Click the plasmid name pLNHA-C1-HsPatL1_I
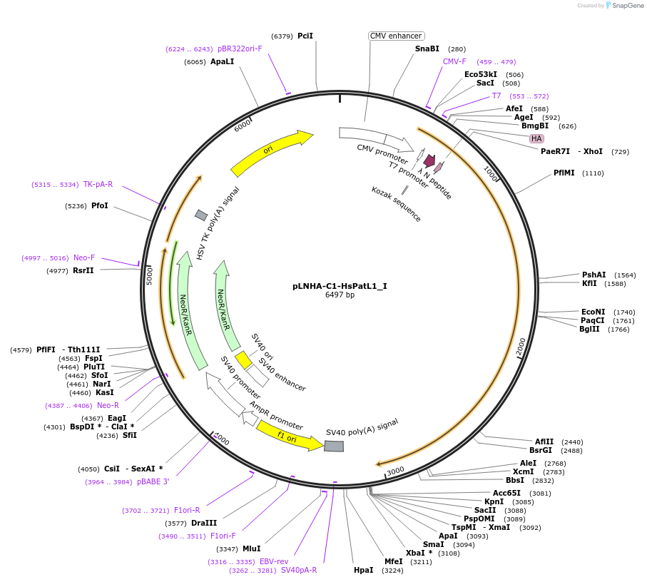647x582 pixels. [340, 286]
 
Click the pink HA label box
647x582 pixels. [536, 138]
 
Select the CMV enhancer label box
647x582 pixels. [397, 36]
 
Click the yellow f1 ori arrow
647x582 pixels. [290, 437]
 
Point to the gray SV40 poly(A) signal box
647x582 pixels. [334, 446]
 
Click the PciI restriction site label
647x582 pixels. [305, 36]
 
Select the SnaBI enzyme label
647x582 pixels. [427, 48]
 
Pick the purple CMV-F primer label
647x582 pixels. [454, 61]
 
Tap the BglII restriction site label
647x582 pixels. [589, 329]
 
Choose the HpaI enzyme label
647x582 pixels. [364, 570]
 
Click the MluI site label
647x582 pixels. [252, 548]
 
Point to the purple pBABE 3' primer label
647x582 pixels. [153, 481]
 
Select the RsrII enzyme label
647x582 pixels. [83, 270]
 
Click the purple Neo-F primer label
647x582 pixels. [84, 257]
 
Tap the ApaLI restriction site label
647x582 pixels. [222, 61]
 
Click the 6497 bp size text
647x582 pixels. [340, 295]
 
